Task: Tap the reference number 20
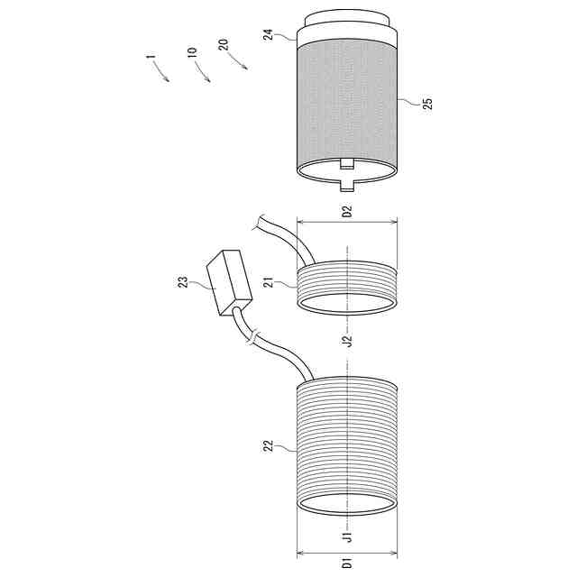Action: (223, 44)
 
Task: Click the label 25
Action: (427, 103)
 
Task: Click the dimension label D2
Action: (346, 212)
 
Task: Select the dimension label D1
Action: (346, 564)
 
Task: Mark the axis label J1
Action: (346, 538)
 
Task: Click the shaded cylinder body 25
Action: (347, 99)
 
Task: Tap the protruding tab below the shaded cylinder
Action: (346, 186)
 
